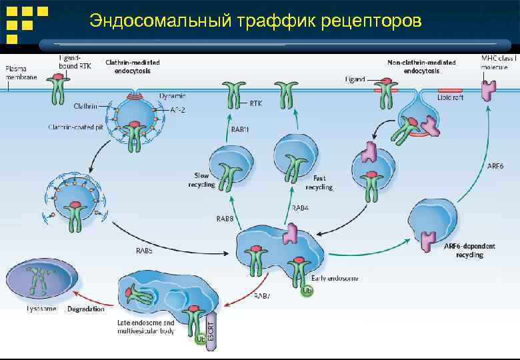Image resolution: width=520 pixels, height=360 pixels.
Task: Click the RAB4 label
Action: [300, 208]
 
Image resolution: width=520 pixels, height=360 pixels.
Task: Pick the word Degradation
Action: [86, 309]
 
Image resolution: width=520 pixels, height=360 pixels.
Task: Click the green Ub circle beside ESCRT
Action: [199, 339]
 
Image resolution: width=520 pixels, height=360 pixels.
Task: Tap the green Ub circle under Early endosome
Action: [307, 291]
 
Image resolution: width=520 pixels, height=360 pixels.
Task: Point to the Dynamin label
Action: [173, 95]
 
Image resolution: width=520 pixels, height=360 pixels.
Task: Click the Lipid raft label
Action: [451, 97]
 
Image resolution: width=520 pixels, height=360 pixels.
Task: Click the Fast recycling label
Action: [323, 183]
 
